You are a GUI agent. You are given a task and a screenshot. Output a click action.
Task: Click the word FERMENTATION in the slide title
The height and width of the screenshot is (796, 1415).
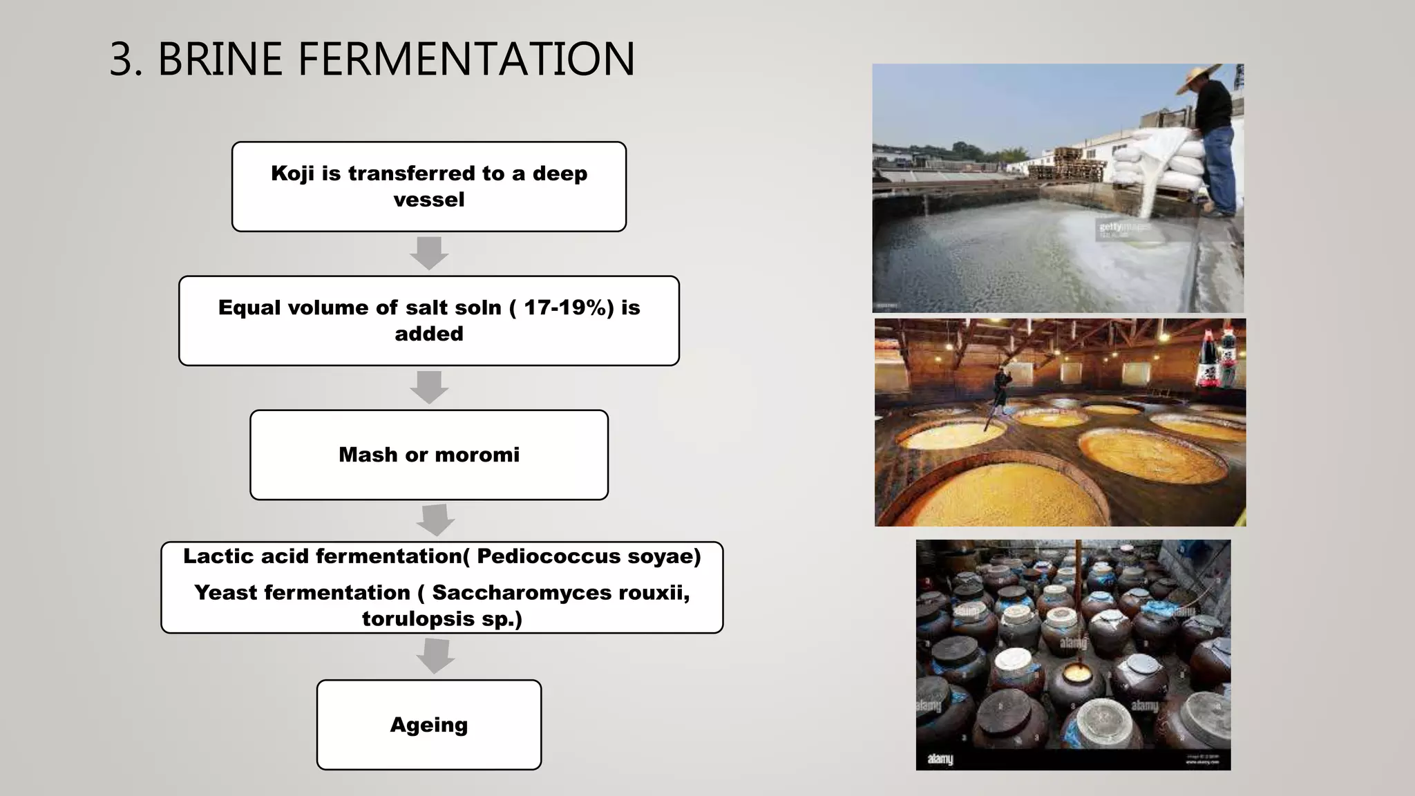(x=466, y=59)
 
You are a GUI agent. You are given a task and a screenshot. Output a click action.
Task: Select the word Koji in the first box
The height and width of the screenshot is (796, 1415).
(x=292, y=173)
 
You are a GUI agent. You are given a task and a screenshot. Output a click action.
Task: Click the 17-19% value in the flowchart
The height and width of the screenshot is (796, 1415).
(x=568, y=307)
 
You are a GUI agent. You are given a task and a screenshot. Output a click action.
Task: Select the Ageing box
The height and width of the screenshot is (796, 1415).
(x=429, y=724)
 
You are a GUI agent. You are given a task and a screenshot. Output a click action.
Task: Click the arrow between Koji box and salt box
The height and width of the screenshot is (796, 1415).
(x=429, y=253)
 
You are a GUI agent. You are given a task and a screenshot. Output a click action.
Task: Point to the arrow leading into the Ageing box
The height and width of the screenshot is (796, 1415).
(x=435, y=656)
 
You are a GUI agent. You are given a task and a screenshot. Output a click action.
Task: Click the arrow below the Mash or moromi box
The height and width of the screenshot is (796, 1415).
(x=435, y=520)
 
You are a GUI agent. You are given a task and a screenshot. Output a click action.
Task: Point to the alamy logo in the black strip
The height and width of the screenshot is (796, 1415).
(x=940, y=759)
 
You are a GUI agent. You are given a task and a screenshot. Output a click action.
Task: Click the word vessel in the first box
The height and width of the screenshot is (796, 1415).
(x=429, y=200)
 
